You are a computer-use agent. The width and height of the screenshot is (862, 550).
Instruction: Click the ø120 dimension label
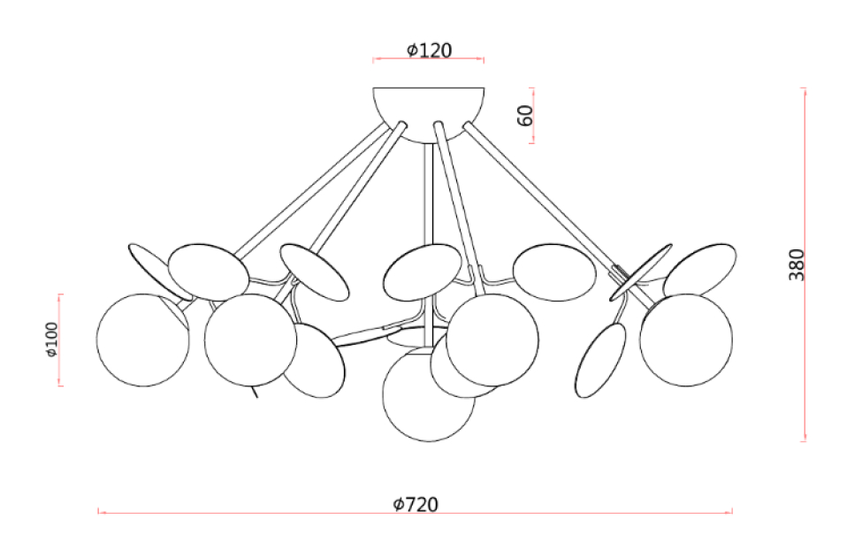tap(429, 50)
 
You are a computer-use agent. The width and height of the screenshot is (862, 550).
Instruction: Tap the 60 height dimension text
tap(525, 116)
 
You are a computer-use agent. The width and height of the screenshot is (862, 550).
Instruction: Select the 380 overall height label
tap(797, 264)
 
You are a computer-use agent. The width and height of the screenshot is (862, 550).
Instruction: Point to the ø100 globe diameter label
tap(51, 340)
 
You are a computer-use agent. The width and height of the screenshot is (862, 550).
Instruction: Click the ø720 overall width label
tap(416, 504)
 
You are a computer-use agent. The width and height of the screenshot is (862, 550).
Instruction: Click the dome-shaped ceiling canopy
tap(429, 114)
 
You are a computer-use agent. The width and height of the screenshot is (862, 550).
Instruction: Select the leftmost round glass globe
tap(143, 340)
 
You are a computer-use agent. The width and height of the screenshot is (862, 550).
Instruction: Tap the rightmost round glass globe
tap(686, 340)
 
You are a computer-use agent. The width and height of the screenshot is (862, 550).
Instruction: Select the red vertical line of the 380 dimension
tap(805, 264)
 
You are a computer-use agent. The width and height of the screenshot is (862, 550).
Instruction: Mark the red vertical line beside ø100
tap(60, 340)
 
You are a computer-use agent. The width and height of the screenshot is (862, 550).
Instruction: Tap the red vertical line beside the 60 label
tap(531, 116)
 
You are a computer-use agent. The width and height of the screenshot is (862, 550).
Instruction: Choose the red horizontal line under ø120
tap(428, 58)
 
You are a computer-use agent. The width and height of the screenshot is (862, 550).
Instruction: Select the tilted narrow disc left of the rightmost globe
tap(601, 360)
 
